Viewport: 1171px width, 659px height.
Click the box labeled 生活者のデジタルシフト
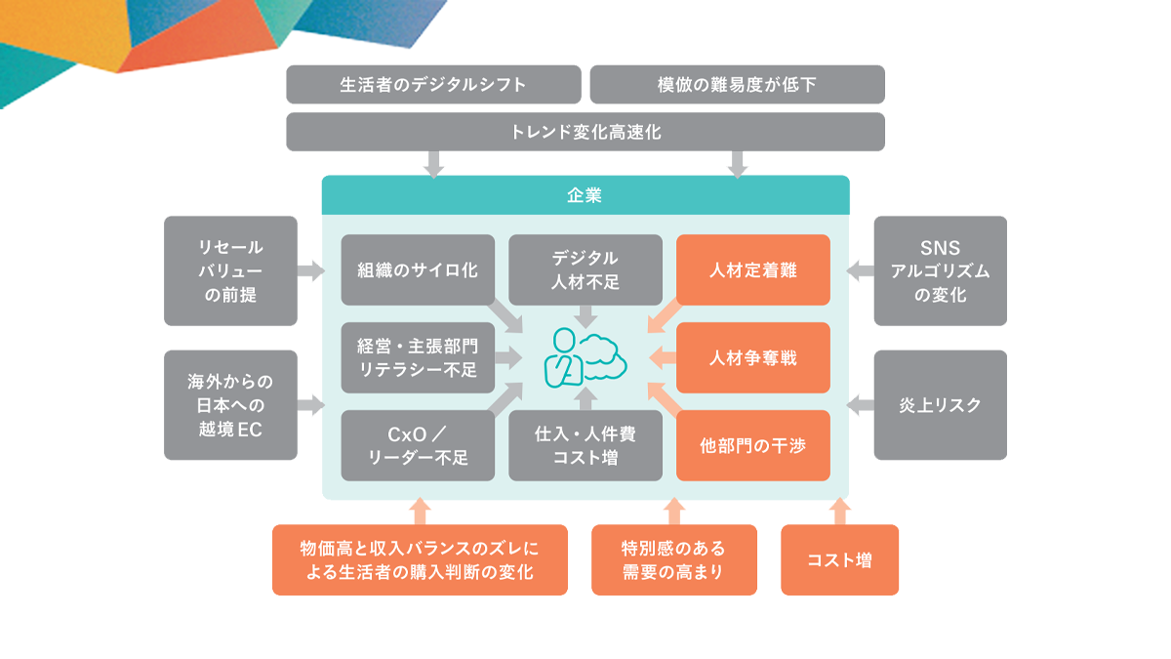pyautogui.click(x=433, y=84)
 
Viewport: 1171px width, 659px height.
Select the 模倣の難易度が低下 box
pyautogui.click(x=737, y=84)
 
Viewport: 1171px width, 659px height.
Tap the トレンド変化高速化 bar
pyautogui.click(x=585, y=132)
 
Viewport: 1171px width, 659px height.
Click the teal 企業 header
pyautogui.click(x=585, y=195)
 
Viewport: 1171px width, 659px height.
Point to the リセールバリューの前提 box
pyautogui.click(x=230, y=270)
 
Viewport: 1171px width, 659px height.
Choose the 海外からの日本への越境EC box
pyautogui.click(x=230, y=404)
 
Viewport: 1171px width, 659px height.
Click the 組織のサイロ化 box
pyautogui.click(x=418, y=269)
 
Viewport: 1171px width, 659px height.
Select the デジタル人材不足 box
pyautogui.click(x=585, y=269)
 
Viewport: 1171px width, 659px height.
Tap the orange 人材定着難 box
pyautogui.click(x=752, y=269)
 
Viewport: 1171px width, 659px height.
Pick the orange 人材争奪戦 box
pyautogui.click(x=752, y=357)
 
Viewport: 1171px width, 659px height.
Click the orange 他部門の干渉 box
pyautogui.click(x=752, y=445)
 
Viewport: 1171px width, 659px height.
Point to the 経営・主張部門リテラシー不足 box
pyautogui.click(x=418, y=357)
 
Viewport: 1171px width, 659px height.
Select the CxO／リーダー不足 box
pyautogui.click(x=418, y=445)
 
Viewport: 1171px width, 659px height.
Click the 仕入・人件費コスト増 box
pyautogui.click(x=585, y=445)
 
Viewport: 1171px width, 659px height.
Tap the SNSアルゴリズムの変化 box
pyautogui.click(x=940, y=270)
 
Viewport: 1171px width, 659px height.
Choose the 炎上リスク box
pyautogui.click(x=940, y=404)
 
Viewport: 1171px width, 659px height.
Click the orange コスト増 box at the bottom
pyautogui.click(x=839, y=560)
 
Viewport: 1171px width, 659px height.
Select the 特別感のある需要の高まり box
pyautogui.click(x=673, y=560)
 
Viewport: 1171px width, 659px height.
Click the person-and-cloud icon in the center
pyautogui.click(x=585, y=356)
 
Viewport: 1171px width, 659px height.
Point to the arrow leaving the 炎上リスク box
pyautogui.click(x=859, y=404)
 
